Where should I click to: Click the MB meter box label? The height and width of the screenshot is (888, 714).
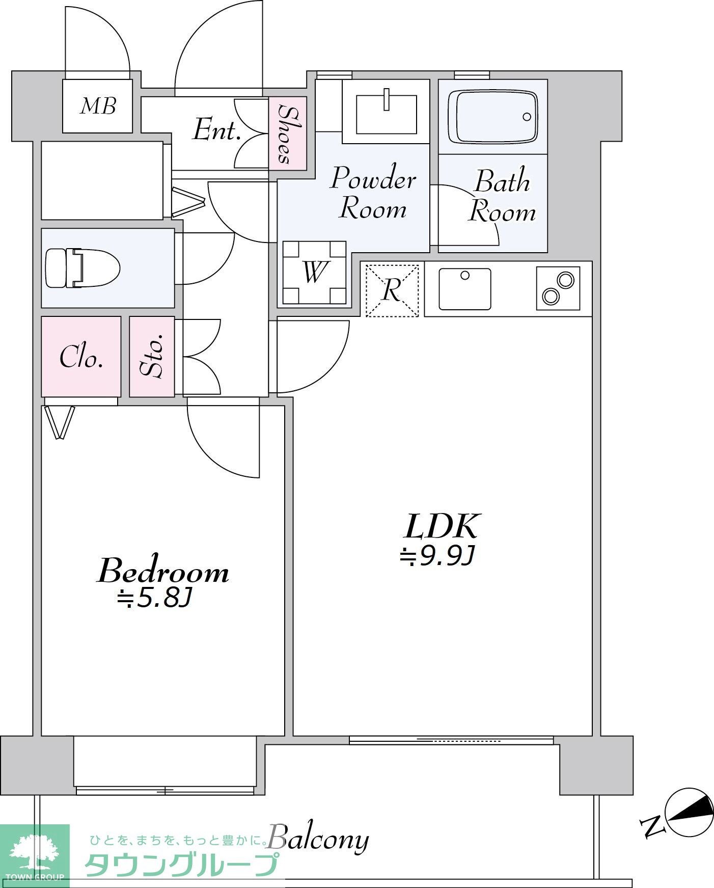tap(98, 105)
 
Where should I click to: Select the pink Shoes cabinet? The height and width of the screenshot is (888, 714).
tap(288, 133)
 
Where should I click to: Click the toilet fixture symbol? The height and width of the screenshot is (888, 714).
tap(83, 267)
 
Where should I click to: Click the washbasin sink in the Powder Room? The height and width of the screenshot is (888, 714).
tap(386, 112)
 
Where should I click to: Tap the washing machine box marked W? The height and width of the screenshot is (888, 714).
tap(315, 273)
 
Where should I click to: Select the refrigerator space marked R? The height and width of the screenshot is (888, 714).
tap(392, 290)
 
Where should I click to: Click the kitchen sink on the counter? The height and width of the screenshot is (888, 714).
tap(465, 289)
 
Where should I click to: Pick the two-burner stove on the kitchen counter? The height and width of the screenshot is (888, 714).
tap(558, 288)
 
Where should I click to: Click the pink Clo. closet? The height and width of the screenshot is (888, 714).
tap(81, 357)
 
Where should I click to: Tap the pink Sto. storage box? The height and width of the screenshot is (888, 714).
tap(152, 357)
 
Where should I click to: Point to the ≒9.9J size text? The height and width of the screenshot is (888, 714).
tap(437, 556)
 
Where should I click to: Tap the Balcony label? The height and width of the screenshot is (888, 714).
tap(318, 838)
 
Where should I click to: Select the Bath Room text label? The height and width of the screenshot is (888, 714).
tap(502, 197)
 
